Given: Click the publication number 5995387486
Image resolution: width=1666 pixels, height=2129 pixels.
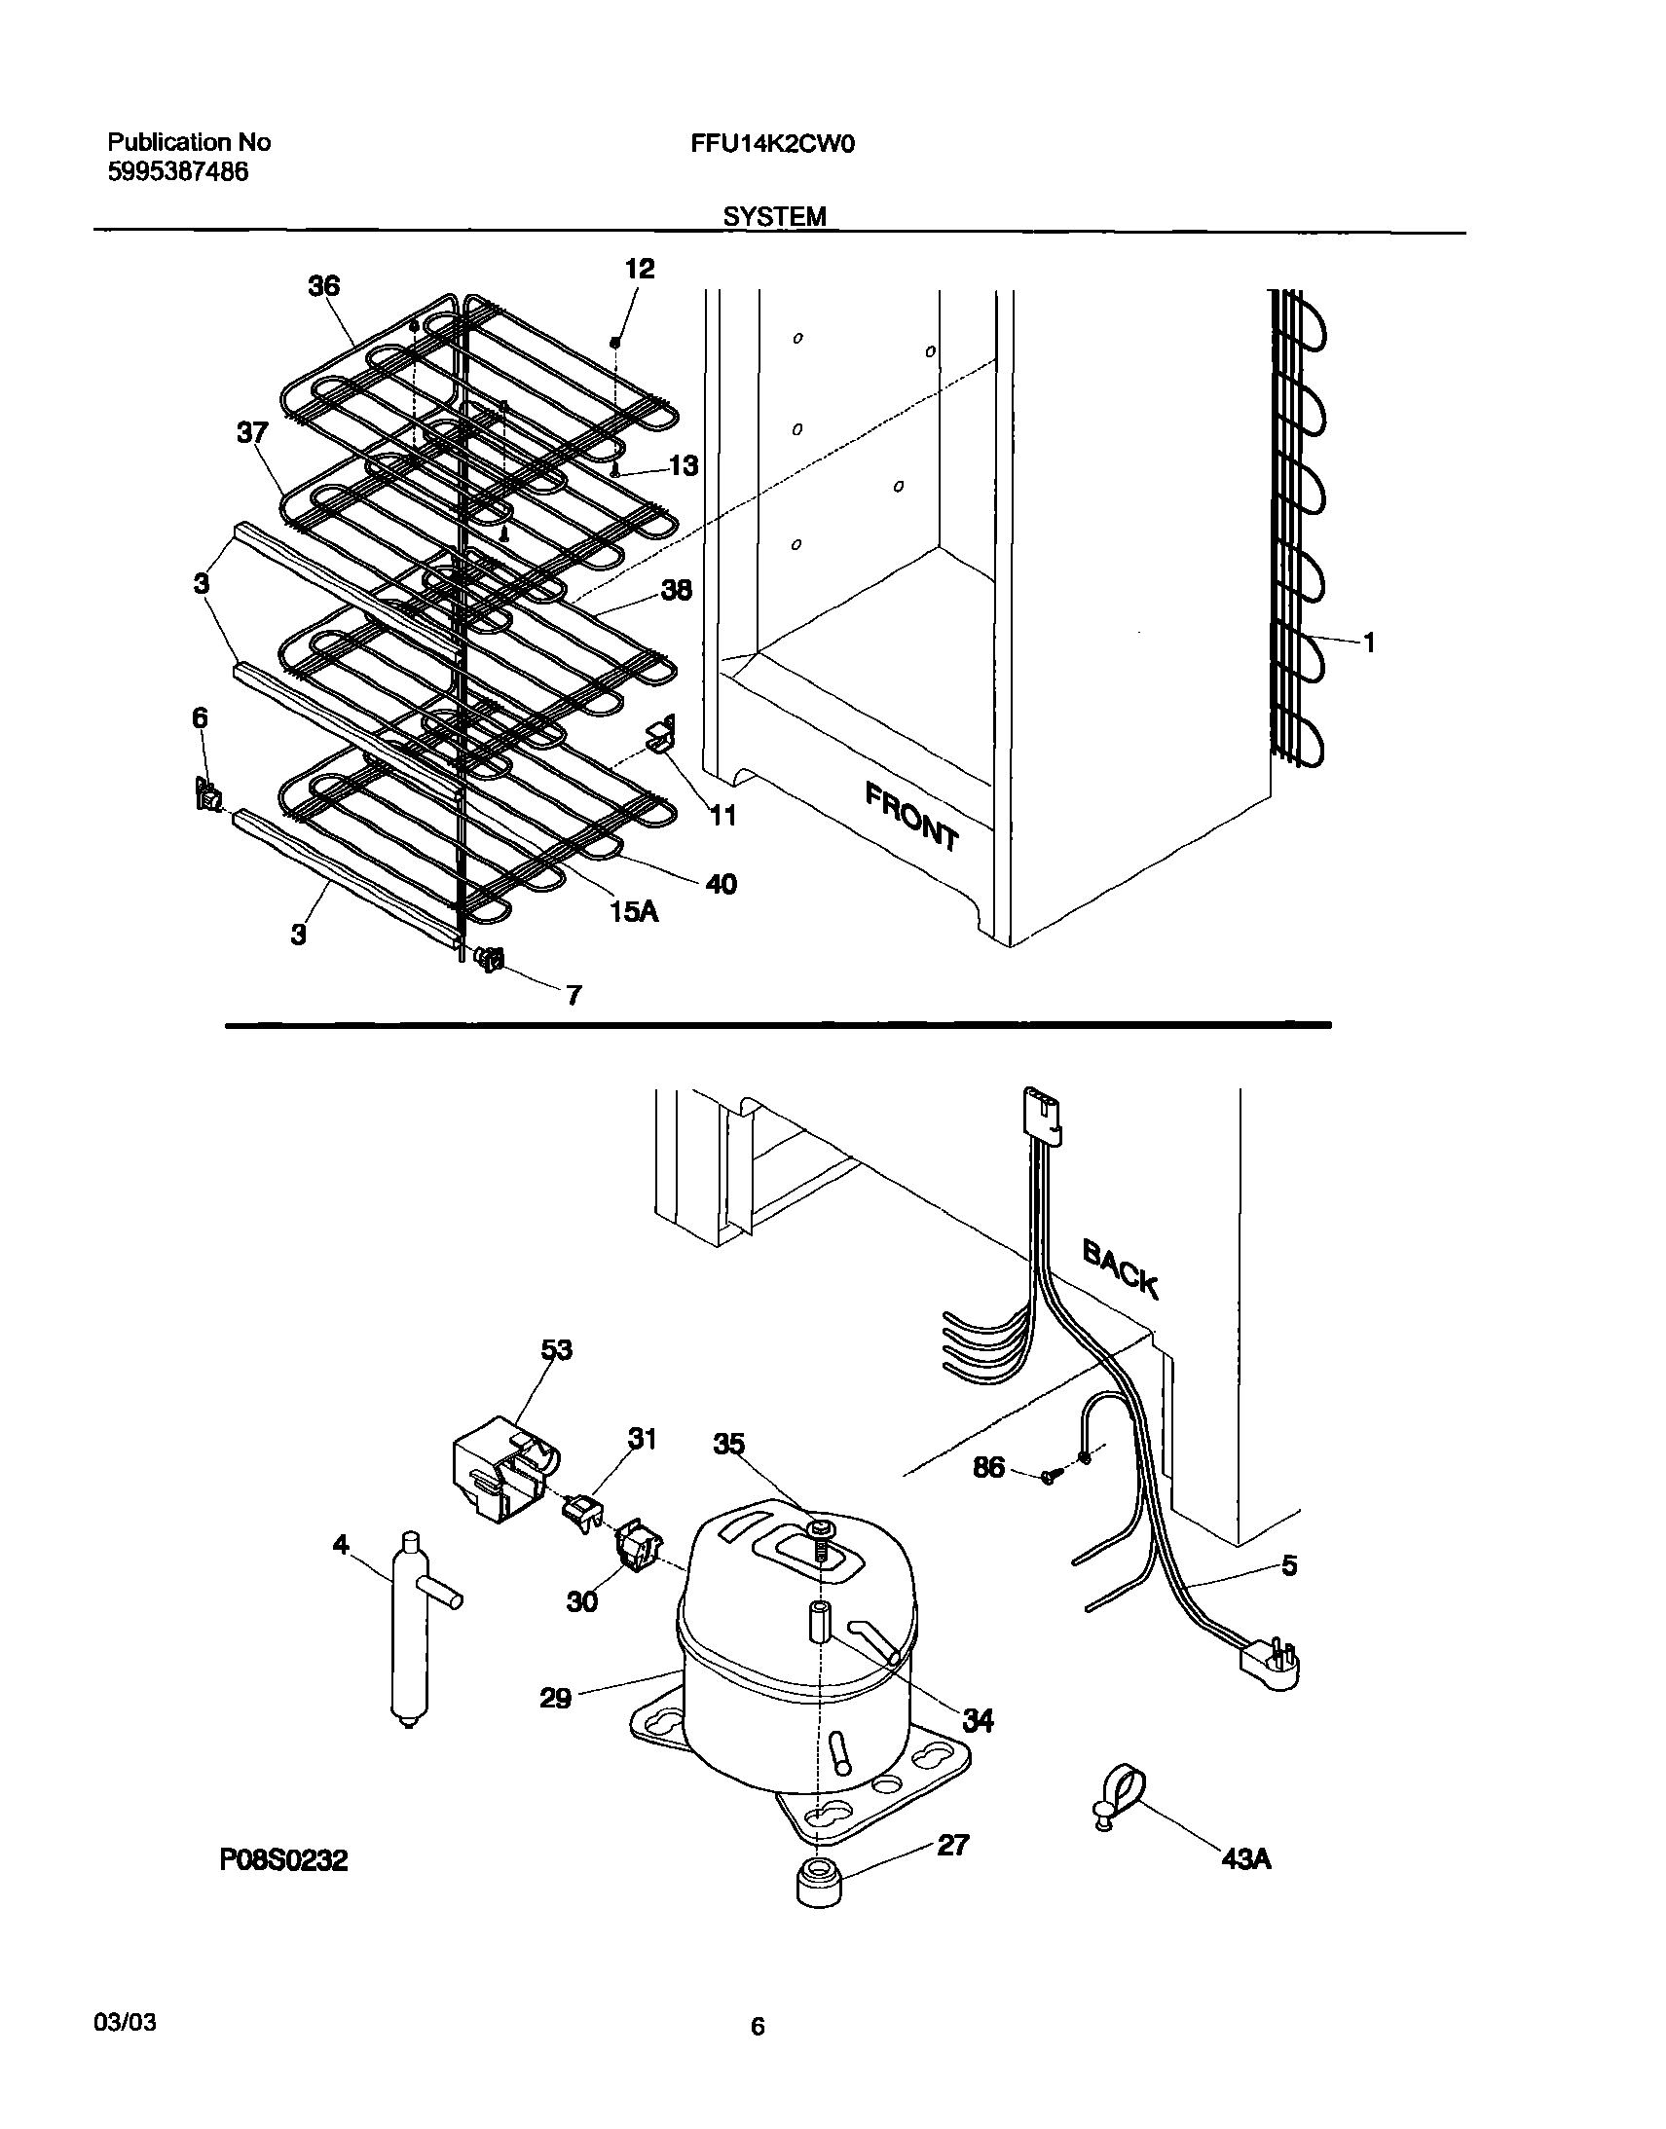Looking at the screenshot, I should tap(176, 172).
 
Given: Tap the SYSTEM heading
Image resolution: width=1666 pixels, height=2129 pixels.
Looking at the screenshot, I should tap(774, 216).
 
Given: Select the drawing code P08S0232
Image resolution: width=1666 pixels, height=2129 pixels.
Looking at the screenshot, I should tap(283, 1860).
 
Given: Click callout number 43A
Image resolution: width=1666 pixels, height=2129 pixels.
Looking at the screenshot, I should tap(1245, 1859).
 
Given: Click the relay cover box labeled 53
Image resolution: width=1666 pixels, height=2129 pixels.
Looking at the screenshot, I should tap(502, 1469).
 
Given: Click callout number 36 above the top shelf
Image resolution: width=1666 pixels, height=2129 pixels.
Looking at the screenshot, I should tap(324, 286).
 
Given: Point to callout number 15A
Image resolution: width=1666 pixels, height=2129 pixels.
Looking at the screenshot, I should tap(634, 912).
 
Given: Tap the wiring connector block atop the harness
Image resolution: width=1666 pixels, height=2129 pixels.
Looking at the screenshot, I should tap(1041, 1114).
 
